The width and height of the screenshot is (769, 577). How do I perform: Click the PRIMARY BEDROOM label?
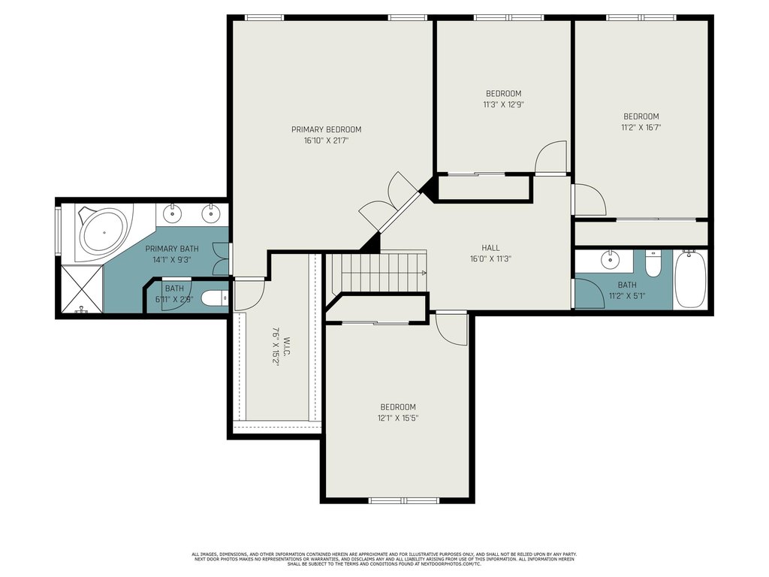click(326, 129)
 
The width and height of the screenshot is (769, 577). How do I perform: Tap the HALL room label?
click(490, 248)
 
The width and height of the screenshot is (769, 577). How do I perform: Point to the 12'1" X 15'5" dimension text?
click(398, 418)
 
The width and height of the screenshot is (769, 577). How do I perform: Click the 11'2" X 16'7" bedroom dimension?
click(641, 128)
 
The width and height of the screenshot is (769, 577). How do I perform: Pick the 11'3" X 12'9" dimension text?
click(503, 104)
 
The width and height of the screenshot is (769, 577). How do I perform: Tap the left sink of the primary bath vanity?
click(172, 213)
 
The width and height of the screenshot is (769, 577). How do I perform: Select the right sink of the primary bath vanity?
click(211, 213)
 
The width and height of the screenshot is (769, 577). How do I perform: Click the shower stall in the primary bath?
click(82, 288)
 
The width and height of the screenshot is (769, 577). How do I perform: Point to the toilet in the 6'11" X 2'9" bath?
click(216, 298)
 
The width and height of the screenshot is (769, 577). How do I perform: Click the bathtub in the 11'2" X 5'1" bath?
click(690, 279)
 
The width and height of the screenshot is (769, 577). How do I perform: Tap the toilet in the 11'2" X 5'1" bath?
click(653, 264)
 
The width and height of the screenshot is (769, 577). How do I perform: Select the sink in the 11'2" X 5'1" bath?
click(610, 260)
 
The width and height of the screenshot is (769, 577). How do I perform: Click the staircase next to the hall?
click(377, 272)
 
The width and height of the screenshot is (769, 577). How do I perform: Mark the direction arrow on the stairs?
click(424, 272)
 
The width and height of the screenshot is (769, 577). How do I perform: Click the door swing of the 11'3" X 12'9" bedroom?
click(550, 158)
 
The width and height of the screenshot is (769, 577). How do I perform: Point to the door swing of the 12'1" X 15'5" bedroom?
click(451, 329)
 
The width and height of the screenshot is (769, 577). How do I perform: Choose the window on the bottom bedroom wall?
click(403, 500)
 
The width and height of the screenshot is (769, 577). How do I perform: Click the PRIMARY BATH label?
click(172, 249)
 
